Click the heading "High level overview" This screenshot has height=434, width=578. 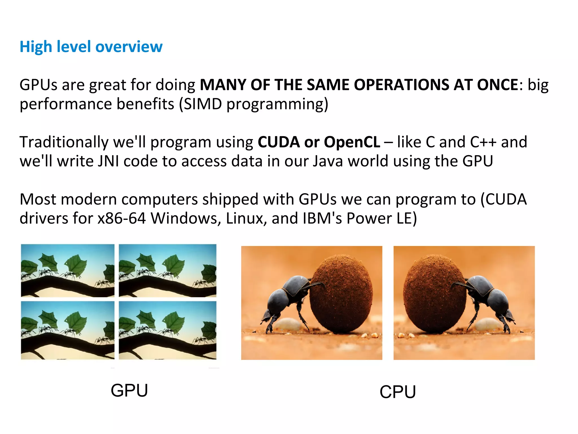tap(91, 47)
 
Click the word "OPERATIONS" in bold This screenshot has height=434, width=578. tap(402, 85)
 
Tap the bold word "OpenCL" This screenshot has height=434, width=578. tap(352, 142)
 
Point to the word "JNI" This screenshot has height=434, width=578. tap(108, 161)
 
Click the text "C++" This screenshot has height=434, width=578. tap(483, 142)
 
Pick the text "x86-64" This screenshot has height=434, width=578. tap(122, 218)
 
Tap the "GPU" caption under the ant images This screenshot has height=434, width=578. tap(129, 390)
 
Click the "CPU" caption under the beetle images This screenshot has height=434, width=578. tap(398, 392)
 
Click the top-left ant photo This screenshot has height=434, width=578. tap(68, 270)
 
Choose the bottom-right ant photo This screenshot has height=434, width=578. tap(167, 330)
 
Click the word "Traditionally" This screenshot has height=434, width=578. tap(64, 142)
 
